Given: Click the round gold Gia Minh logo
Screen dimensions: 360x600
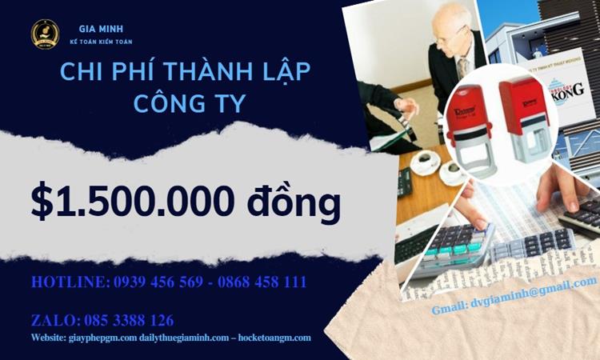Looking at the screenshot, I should [x=45, y=34].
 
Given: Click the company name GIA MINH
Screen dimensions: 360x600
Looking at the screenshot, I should [x=100, y=29].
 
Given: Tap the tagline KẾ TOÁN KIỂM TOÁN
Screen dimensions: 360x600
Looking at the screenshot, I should [x=100, y=42].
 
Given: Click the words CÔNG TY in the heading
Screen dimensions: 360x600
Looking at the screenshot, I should [x=186, y=104].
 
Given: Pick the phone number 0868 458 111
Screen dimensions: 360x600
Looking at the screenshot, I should [x=262, y=282].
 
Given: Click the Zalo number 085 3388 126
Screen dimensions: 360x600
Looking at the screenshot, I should [x=128, y=321].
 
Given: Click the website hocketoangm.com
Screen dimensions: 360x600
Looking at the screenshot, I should [x=272, y=338].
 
